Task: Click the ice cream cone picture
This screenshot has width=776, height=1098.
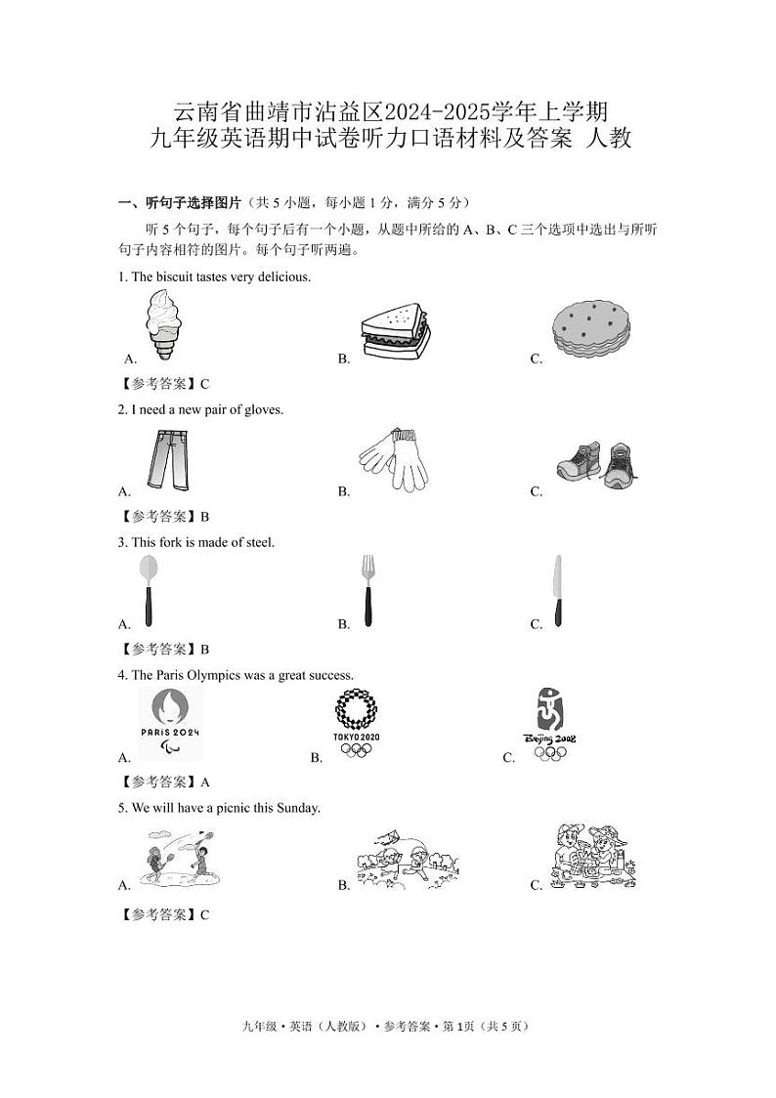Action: (x=162, y=326)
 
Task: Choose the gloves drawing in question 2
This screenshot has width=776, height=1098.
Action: (x=393, y=458)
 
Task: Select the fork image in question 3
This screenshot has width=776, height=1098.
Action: (x=367, y=590)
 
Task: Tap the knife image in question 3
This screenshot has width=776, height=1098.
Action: (x=557, y=590)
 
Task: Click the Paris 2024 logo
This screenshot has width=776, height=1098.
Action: (x=170, y=723)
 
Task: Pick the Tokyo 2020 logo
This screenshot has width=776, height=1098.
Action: (x=356, y=723)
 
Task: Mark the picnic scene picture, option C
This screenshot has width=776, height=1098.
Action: (x=592, y=857)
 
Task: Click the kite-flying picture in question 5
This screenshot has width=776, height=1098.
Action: (x=407, y=860)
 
